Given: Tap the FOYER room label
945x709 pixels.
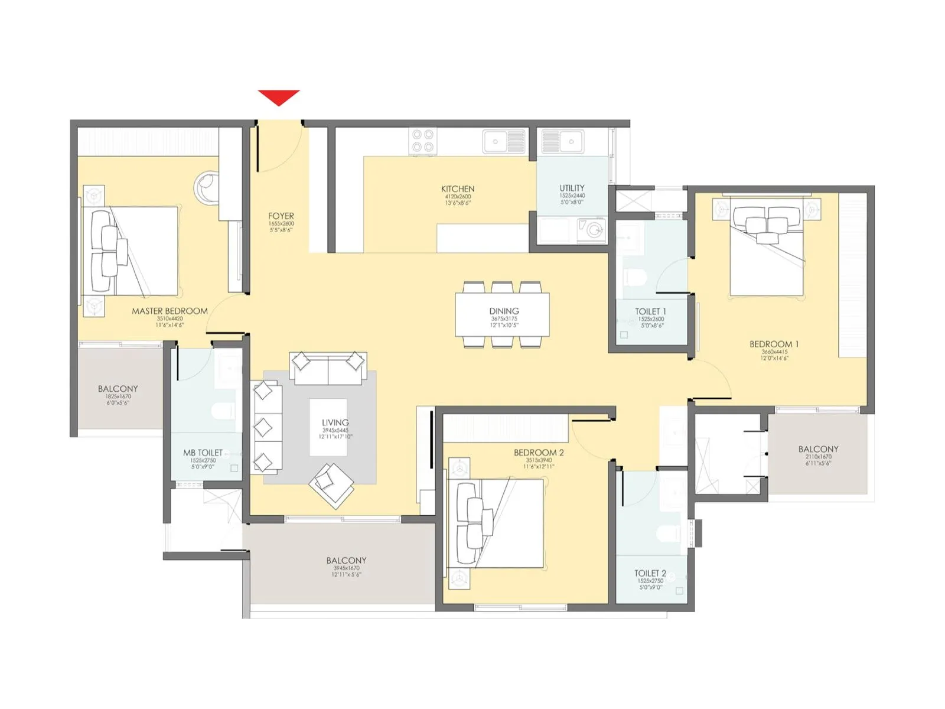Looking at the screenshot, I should pyautogui.click(x=281, y=216).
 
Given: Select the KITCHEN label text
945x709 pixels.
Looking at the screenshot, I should pyautogui.click(x=458, y=189).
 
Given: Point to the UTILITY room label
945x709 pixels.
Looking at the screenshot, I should pyautogui.click(x=572, y=188).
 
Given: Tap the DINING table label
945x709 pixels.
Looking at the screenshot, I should pyautogui.click(x=504, y=311).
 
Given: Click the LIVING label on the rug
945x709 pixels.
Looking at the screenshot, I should pyautogui.click(x=335, y=423).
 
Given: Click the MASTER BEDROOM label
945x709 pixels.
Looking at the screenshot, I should pyautogui.click(x=170, y=311).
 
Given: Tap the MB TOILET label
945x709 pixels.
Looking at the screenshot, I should pyautogui.click(x=203, y=453).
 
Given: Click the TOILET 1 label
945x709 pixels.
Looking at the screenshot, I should pyautogui.click(x=650, y=311).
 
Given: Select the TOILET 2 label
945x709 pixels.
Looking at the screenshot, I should pyautogui.click(x=650, y=573).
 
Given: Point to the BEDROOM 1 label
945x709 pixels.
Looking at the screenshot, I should pyautogui.click(x=774, y=344).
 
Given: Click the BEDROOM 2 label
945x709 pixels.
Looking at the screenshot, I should pyautogui.click(x=538, y=453).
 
